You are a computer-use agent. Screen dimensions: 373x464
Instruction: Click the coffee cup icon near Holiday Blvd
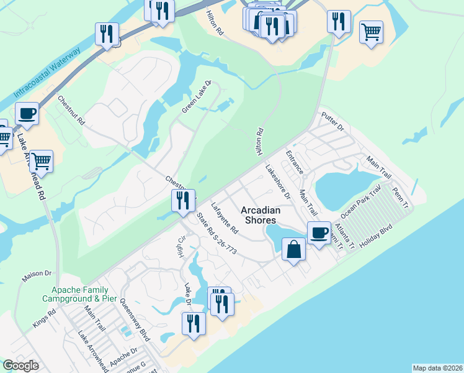click(319, 233)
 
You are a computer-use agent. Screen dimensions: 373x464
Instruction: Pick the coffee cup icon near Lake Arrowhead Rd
click(27, 114)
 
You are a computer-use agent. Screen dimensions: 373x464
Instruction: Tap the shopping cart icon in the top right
click(371, 32)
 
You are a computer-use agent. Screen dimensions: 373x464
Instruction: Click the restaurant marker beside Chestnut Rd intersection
click(183, 201)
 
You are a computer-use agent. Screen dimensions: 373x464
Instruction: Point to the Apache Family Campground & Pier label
click(75, 294)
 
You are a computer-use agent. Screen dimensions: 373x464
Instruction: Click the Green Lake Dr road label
click(197, 97)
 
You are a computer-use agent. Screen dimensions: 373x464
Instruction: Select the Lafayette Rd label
click(224, 218)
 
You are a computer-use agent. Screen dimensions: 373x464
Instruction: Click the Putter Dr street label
click(332, 122)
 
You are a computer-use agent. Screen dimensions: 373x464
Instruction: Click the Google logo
click(20, 366)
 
